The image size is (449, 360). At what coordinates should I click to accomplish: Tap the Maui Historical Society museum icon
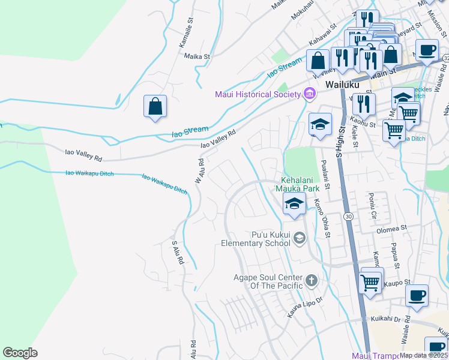tap(310, 94)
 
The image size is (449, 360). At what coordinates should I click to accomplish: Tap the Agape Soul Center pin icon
tap(311, 280)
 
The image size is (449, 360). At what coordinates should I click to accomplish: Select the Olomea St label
tap(391, 229)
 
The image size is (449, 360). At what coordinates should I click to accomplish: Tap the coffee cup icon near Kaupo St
tap(417, 295)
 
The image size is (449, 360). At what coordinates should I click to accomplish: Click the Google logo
tap(20, 353)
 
